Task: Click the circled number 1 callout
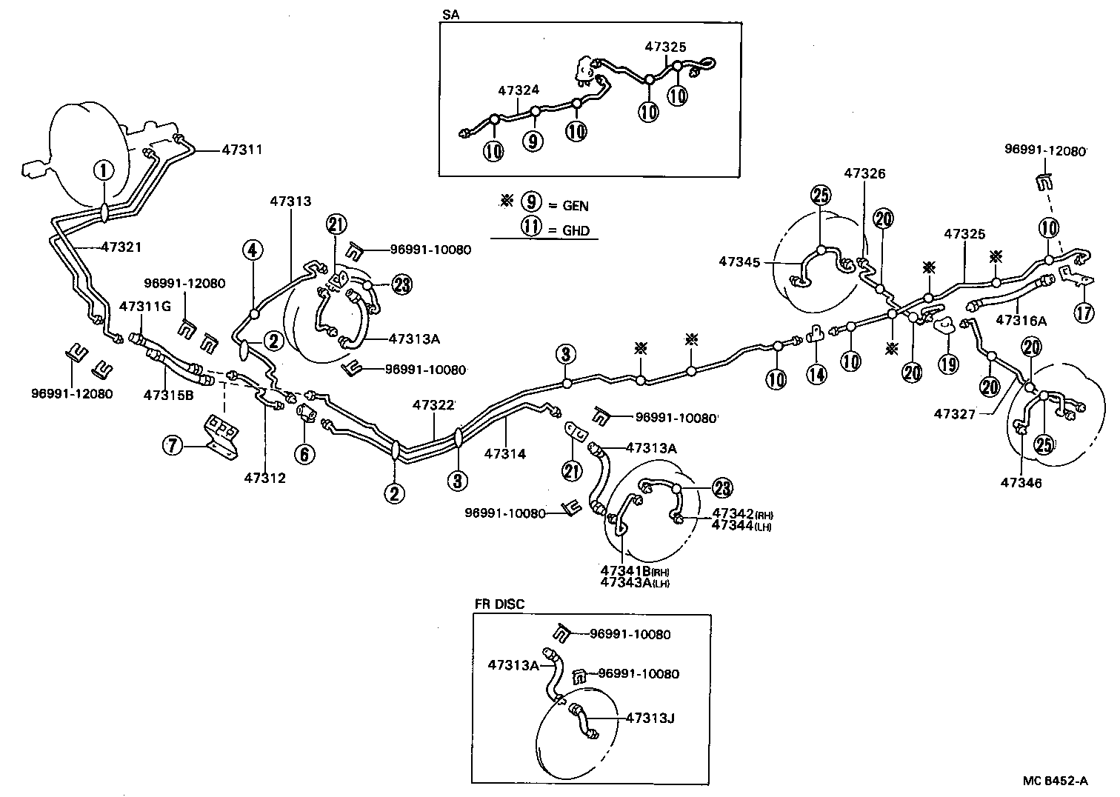(x=104, y=170)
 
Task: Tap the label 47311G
(x=145, y=305)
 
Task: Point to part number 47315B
(x=168, y=395)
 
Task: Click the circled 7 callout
(x=173, y=445)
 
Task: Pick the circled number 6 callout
(x=304, y=453)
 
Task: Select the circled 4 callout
(x=253, y=250)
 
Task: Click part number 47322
(x=434, y=404)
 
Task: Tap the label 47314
(x=505, y=453)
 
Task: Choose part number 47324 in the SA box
(x=519, y=90)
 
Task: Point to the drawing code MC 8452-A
(x=1056, y=780)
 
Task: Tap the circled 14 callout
(x=816, y=375)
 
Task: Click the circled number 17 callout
(x=1084, y=313)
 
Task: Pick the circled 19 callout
(x=948, y=364)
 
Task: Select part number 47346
(x=1021, y=483)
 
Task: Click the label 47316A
(x=1021, y=321)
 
